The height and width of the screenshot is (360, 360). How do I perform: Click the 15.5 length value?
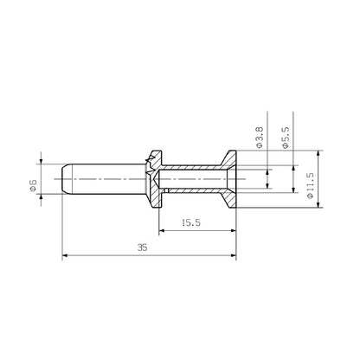[x=193, y=222]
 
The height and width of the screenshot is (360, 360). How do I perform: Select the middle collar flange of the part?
[x=156, y=177]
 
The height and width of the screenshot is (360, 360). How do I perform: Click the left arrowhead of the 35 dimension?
[x=67, y=255]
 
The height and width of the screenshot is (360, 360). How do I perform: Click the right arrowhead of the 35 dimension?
[x=234, y=255]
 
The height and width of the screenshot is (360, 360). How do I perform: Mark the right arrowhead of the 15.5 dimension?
[x=234, y=230]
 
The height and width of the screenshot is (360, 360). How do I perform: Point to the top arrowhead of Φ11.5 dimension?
[x=320, y=153]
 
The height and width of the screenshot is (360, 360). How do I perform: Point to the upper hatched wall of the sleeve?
[x=195, y=166]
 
